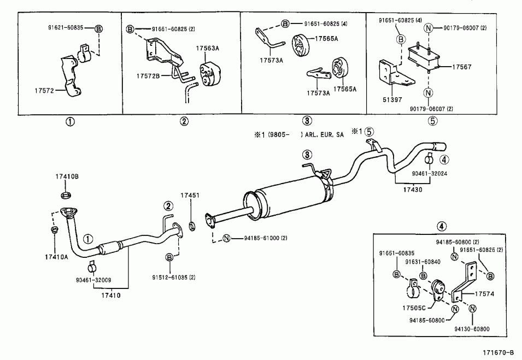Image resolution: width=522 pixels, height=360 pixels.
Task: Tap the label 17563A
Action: point(207,48)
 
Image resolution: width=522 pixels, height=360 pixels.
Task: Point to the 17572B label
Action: point(148,76)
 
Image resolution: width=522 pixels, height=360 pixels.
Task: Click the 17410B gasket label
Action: point(67,176)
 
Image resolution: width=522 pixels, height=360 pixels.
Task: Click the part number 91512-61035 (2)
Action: point(174,278)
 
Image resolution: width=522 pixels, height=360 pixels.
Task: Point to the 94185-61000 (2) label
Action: point(262,238)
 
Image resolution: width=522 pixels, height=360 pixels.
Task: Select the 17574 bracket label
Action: point(484,293)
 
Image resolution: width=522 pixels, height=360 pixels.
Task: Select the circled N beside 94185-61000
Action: point(226,238)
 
